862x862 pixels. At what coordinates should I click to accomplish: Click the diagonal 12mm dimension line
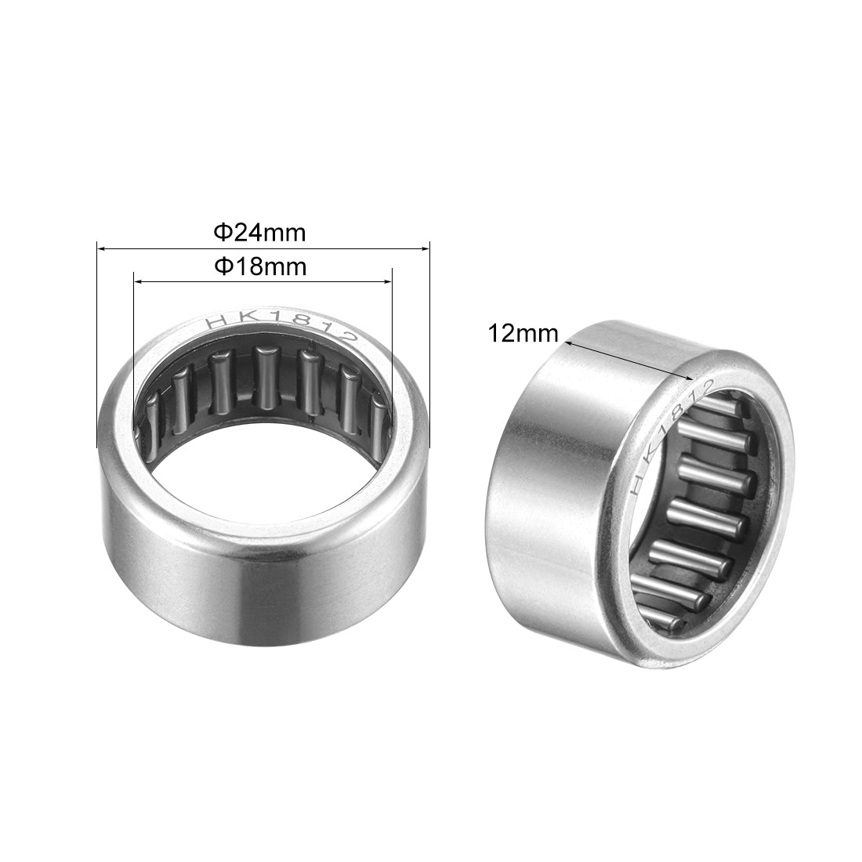(627, 360)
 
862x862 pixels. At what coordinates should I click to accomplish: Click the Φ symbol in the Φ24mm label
(221, 233)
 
